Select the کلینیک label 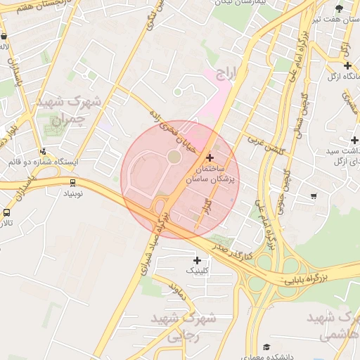197,270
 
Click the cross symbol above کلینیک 197,261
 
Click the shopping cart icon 313,196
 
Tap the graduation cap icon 266,347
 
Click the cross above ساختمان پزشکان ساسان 210,157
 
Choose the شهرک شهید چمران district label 70,110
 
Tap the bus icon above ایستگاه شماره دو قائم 43,151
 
